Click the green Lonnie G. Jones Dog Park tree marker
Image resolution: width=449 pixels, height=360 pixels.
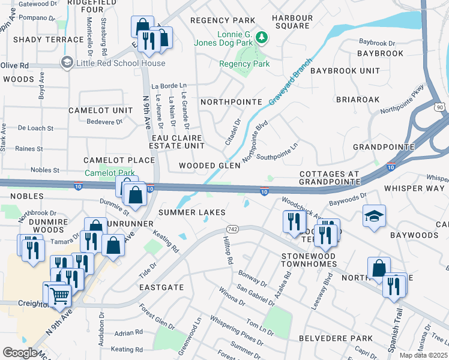click(x=261, y=37)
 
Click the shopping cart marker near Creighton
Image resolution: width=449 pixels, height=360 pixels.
click(x=58, y=294)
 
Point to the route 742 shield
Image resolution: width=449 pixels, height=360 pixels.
click(x=233, y=230)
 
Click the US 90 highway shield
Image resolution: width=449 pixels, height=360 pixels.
click(x=439, y=106)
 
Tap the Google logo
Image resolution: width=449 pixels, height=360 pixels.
click(x=20, y=353)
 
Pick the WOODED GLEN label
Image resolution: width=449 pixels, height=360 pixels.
click(x=209, y=166)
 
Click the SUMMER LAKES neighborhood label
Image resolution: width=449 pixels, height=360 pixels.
click(x=191, y=212)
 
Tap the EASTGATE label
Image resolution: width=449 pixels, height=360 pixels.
click(x=161, y=287)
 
